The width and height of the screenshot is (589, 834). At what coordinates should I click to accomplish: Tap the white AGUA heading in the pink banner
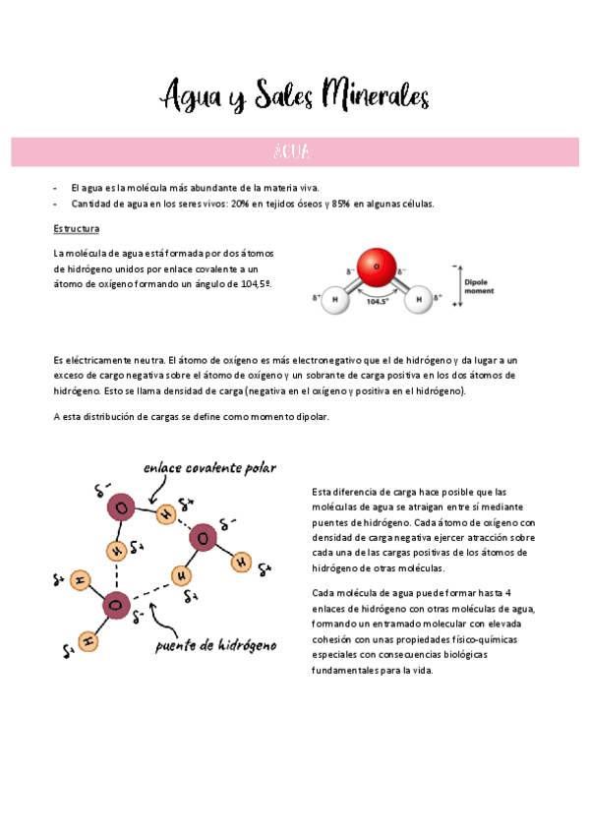pyautogui.click(x=294, y=152)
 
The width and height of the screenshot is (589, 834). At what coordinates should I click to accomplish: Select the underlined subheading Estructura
pyautogui.click(x=76, y=228)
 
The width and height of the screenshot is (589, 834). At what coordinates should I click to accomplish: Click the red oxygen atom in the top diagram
pyautogui.click(x=375, y=265)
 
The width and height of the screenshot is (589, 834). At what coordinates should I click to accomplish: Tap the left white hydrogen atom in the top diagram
pyautogui.click(x=334, y=299)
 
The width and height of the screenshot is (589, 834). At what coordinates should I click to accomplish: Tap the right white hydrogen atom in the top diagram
pyautogui.click(x=418, y=299)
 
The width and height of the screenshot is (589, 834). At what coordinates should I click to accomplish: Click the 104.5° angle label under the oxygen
pyautogui.click(x=378, y=302)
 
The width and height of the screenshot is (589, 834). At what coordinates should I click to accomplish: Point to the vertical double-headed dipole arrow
pyautogui.click(x=457, y=286)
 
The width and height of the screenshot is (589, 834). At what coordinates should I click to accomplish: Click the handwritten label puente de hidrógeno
pyautogui.click(x=215, y=646)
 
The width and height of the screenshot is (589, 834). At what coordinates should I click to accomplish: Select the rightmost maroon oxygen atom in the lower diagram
pyautogui.click(x=203, y=536)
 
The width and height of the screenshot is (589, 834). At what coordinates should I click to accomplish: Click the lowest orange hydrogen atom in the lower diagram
pyautogui.click(x=88, y=642)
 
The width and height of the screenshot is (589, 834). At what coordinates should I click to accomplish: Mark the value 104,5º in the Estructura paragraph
pyautogui.click(x=251, y=283)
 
